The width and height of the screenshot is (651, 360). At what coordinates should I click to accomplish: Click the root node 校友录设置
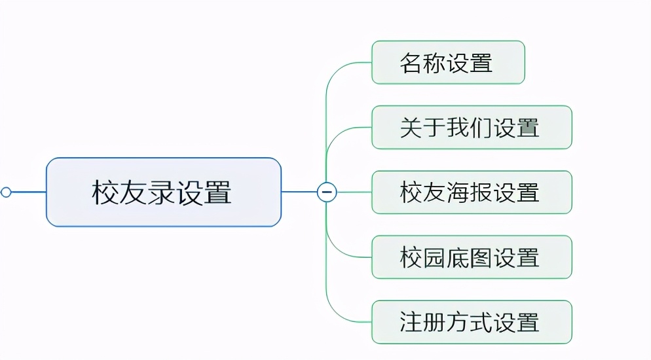pyautogui.click(x=163, y=192)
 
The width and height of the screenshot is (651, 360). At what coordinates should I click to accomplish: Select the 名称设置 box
pyautogui.click(x=448, y=63)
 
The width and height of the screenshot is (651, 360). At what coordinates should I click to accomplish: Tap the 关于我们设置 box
pyautogui.click(x=472, y=128)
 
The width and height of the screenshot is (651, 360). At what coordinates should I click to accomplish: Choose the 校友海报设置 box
pyautogui.click(x=472, y=192)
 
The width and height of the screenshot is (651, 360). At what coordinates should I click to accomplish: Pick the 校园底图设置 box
pyautogui.click(x=472, y=257)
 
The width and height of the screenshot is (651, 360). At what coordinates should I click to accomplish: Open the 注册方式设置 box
pyautogui.click(x=472, y=322)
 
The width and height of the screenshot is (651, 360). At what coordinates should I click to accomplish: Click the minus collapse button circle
pyautogui.click(x=326, y=192)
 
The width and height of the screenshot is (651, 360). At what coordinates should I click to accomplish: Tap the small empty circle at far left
pyautogui.click(x=6, y=192)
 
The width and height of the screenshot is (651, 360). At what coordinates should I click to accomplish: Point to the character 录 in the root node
pyautogui.click(x=162, y=192)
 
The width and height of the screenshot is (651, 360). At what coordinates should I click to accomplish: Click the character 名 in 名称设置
pyautogui.click(x=411, y=63)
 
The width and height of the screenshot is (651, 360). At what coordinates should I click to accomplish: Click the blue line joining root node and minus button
pyautogui.click(x=299, y=192)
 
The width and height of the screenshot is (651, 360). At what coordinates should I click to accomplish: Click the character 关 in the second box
pyautogui.click(x=411, y=128)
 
